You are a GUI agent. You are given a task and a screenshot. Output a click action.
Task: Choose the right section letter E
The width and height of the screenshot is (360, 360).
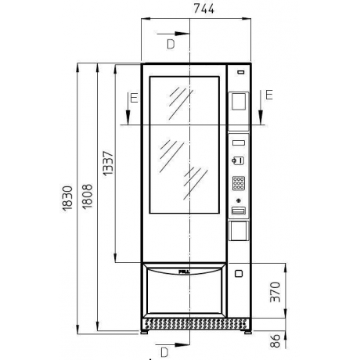(x=268, y=95)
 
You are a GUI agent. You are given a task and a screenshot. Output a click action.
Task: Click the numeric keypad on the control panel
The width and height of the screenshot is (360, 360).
(x=239, y=185)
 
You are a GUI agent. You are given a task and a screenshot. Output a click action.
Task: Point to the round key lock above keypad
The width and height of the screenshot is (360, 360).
(x=238, y=161)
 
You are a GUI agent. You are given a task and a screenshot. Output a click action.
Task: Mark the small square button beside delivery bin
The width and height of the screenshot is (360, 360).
(x=238, y=275)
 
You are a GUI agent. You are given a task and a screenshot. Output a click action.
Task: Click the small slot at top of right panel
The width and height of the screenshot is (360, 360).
(x=239, y=73)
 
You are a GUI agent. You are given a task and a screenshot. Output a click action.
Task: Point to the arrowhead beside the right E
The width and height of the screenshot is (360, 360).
(x=262, y=119)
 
